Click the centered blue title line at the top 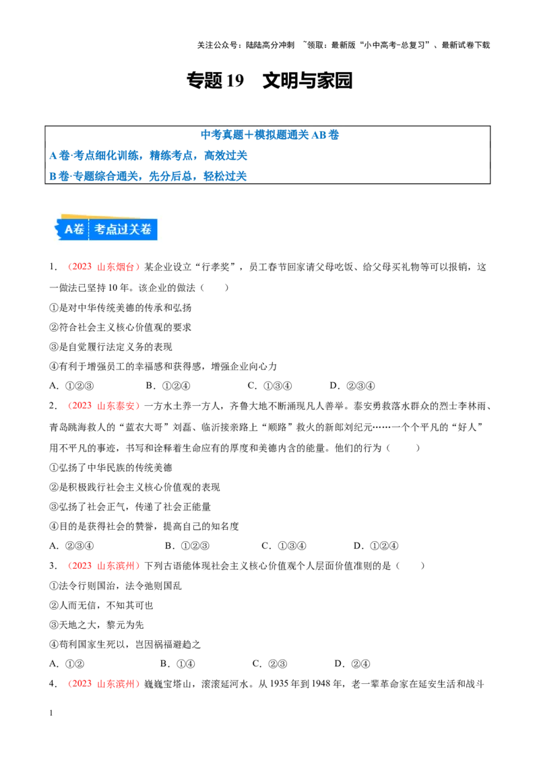tap(269, 134)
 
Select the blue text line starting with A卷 tap(148, 155)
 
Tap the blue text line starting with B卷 tap(148, 176)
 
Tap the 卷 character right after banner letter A tap(80, 229)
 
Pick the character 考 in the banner tap(100, 229)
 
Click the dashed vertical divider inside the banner tap(89, 229)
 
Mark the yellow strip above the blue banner tap(74, 217)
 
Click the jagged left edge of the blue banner tap(58, 229)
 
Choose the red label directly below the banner tap(103, 267)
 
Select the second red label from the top tap(103, 406)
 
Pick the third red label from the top tap(103, 565)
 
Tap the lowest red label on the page tap(103, 683)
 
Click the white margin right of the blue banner tap(162, 229)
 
